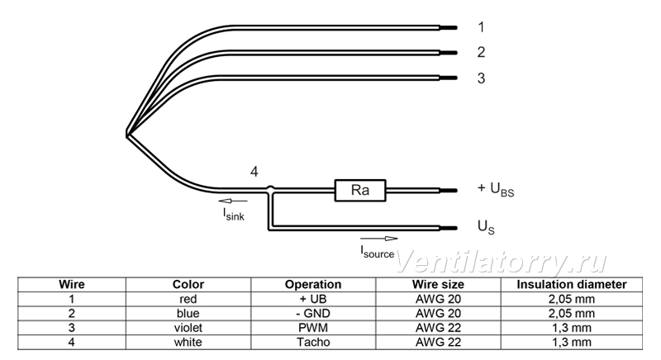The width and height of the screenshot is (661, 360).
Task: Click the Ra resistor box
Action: pyautogui.click(x=360, y=190)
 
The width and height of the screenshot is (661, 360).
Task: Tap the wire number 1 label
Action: pyautogui.click(x=481, y=27)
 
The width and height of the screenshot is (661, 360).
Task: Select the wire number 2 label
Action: pyautogui.click(x=481, y=52)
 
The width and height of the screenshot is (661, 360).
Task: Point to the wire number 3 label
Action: pyautogui.click(x=481, y=78)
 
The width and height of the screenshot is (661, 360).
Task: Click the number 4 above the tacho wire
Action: pyautogui.click(x=254, y=172)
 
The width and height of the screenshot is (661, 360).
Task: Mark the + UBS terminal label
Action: pyautogui.click(x=496, y=189)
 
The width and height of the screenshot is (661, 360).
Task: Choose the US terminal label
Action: pyautogui.click(x=486, y=227)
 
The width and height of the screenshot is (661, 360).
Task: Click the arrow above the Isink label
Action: pyautogui.click(x=233, y=201)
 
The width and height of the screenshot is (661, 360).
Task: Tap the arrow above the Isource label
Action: pyautogui.click(x=379, y=239)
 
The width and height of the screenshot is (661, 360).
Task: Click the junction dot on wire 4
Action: pyautogui.click(x=271, y=189)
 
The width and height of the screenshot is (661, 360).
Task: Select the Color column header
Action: pyautogui.click(x=188, y=285)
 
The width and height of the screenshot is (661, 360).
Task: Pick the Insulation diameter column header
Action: pyautogui.click(x=572, y=285)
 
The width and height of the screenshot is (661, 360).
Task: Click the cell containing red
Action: pyautogui.click(x=188, y=299)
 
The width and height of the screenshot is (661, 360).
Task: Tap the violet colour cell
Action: pyautogui.click(x=188, y=328)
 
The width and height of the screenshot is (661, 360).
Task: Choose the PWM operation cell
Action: pyautogui.click(x=313, y=328)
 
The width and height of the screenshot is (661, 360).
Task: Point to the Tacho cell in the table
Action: pyautogui.click(x=313, y=342)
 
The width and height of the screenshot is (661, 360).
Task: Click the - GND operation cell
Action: pyautogui.click(x=313, y=313)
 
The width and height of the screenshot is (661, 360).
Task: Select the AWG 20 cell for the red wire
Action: pyautogui.click(x=439, y=299)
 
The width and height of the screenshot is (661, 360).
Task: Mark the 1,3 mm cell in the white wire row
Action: pyautogui.click(x=572, y=342)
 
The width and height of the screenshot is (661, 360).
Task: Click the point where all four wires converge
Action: pyautogui.click(x=127, y=135)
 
